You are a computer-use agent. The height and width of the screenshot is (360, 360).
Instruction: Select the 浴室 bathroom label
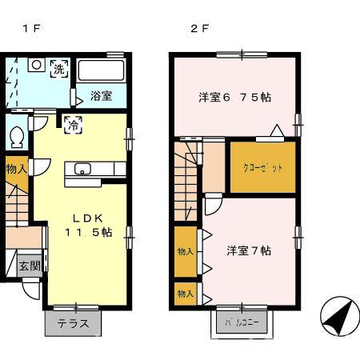pyautogui.click(x=101, y=96)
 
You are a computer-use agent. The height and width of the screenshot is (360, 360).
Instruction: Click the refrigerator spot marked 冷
pyautogui.click(x=71, y=124)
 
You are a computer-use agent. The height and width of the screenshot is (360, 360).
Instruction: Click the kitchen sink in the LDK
pyautogui.click(x=83, y=169)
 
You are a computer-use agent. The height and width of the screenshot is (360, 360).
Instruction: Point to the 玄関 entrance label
pyautogui.click(x=30, y=266)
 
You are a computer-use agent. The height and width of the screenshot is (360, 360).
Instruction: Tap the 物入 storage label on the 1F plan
pyautogui.click(x=15, y=169)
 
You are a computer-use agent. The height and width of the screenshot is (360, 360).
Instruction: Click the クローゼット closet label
pyautogui.click(x=262, y=168)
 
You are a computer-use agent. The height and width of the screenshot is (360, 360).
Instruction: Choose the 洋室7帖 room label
pyautogui.click(x=249, y=250)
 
